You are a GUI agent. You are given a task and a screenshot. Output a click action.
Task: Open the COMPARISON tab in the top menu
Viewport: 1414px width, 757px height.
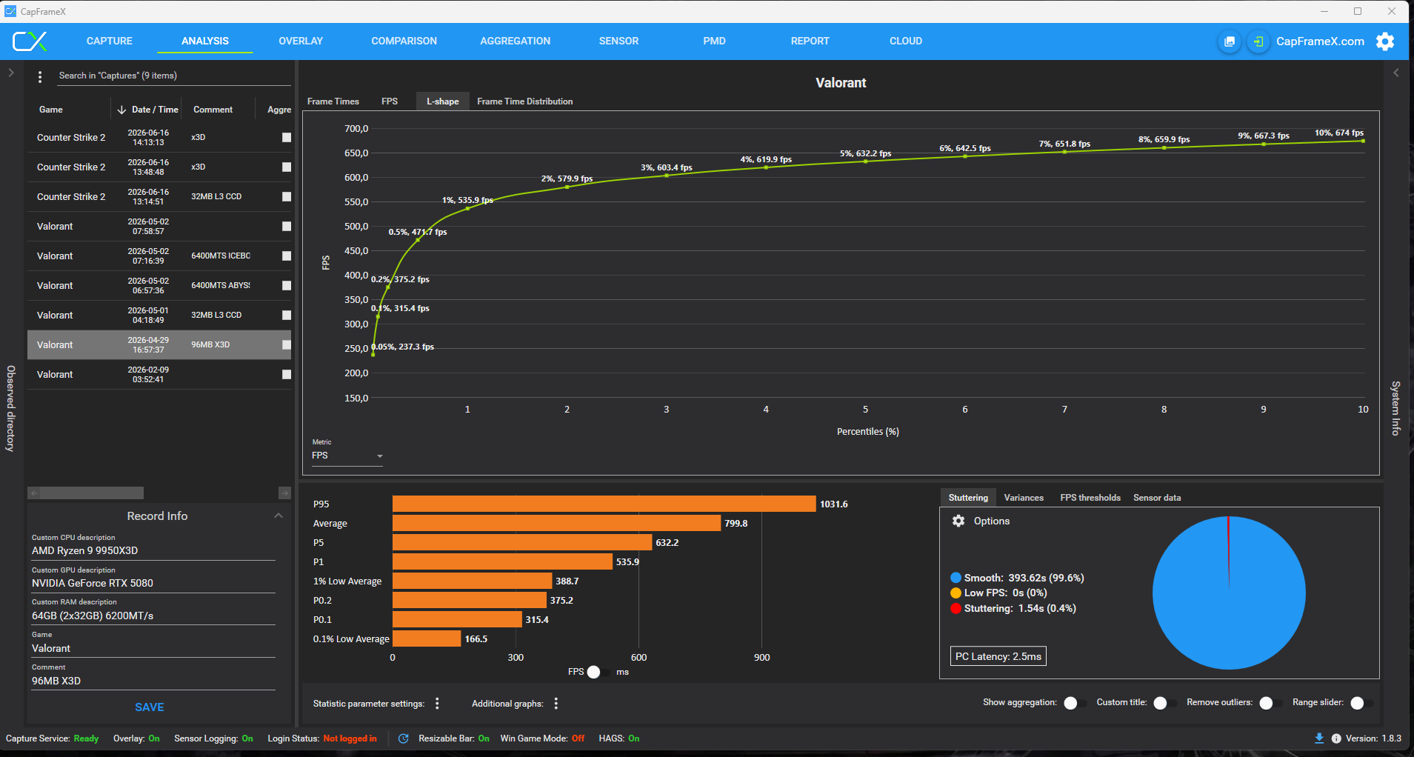point(404,41)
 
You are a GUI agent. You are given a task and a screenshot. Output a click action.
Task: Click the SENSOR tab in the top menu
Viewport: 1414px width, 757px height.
point(618,41)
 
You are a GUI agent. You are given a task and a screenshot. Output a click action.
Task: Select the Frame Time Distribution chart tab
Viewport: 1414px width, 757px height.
point(524,101)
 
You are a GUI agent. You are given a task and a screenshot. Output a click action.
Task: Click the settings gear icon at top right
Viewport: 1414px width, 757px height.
point(1385,41)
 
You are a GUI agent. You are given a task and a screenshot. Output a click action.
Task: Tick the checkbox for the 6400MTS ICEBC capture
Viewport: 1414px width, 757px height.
point(287,256)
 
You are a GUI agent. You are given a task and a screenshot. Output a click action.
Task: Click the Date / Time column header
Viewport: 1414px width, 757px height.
point(155,110)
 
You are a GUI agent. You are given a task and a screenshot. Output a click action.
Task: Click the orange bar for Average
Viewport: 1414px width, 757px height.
point(556,524)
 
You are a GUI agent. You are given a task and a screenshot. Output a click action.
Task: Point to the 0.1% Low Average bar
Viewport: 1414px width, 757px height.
point(427,638)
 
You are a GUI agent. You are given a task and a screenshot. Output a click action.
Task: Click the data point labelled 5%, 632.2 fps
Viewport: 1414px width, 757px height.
point(865,161)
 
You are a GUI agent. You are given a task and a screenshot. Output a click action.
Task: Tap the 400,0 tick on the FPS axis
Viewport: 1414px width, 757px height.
point(356,276)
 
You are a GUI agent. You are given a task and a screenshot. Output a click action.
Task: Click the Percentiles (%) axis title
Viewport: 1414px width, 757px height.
point(867,432)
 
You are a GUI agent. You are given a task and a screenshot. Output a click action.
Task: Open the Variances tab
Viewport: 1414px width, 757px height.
point(1024,498)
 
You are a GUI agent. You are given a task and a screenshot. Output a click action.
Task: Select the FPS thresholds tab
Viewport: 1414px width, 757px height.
point(1090,498)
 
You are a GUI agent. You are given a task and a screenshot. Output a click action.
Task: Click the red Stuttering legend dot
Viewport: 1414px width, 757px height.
point(956,609)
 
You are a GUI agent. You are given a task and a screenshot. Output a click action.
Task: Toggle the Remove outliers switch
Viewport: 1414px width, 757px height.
point(1270,703)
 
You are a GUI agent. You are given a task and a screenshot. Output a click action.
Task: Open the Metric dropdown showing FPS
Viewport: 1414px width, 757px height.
point(347,456)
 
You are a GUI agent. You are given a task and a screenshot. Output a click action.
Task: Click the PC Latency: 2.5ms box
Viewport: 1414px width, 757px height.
point(998,656)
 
